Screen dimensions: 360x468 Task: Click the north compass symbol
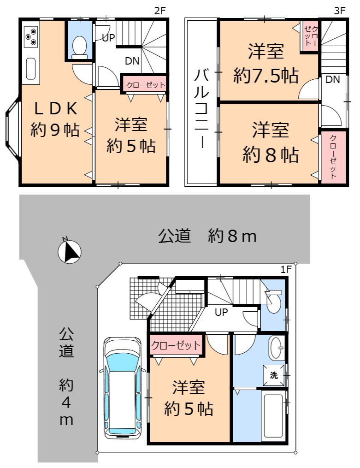pos(69,252)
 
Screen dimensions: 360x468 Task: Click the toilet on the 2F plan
pos(79,47)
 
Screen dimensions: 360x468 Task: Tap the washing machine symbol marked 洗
pos(274,375)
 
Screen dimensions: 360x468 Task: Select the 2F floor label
pos(160,11)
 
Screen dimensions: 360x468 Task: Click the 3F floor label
pos(339,11)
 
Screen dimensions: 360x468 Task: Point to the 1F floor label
pos(286,270)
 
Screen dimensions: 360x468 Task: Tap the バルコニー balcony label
pos(201,108)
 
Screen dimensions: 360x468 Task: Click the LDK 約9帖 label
pos(55,119)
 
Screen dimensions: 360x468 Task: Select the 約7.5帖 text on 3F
pos(266,76)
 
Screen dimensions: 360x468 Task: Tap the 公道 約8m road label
pos(207,236)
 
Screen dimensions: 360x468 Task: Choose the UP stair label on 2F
pos(108,38)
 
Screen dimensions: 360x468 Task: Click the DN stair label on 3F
pos(332,79)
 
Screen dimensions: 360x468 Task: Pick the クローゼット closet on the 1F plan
pos(176,345)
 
